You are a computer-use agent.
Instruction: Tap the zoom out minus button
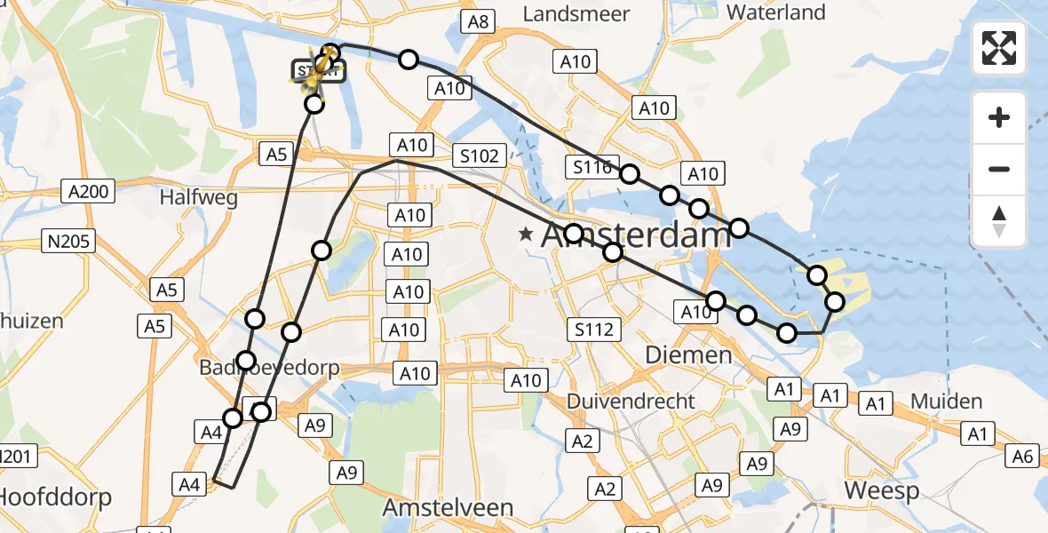click(x=999, y=169)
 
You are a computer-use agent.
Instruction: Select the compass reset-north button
click(x=999, y=220)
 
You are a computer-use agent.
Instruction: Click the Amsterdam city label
click(x=635, y=236)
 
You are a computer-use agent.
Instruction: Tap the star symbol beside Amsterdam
click(x=527, y=235)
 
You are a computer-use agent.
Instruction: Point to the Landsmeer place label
click(x=576, y=14)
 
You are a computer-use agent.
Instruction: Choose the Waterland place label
click(x=775, y=12)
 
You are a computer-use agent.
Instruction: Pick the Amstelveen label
click(x=448, y=507)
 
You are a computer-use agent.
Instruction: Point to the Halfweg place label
click(x=198, y=197)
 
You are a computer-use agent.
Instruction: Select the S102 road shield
click(x=480, y=155)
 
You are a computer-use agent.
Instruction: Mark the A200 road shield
click(x=88, y=191)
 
